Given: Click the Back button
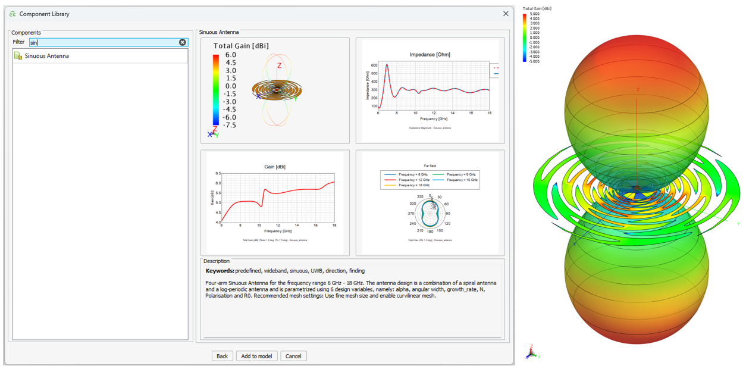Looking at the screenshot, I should [222, 356].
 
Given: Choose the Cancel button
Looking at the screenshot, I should [293, 356].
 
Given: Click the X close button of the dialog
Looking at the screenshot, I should [506, 14].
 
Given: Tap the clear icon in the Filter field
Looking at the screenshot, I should [183, 42].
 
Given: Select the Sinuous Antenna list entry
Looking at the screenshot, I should [46, 56].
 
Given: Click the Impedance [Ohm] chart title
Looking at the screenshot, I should [430, 55].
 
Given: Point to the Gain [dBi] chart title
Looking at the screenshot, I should [275, 167].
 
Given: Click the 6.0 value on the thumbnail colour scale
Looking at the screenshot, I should [230, 55].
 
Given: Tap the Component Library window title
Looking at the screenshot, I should [44, 14].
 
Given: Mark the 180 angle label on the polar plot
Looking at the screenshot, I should [430, 231].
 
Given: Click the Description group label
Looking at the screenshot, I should [216, 261].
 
